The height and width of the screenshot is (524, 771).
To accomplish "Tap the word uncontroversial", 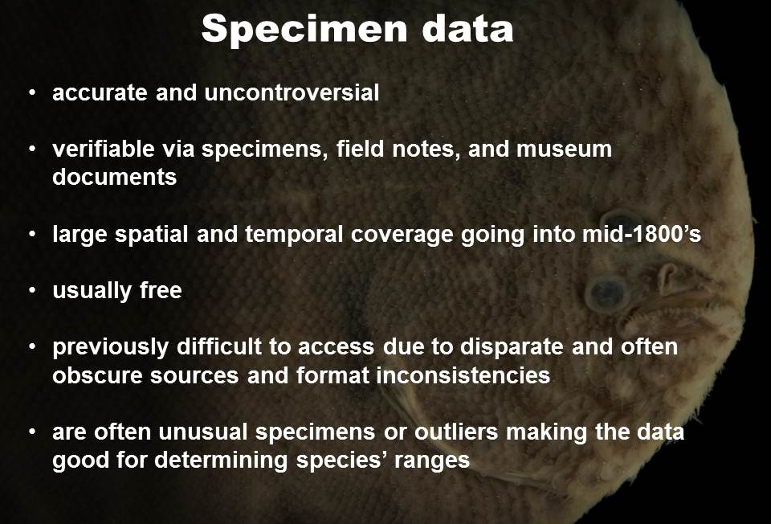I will (292, 92).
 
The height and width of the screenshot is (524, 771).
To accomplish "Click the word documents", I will (114, 177).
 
